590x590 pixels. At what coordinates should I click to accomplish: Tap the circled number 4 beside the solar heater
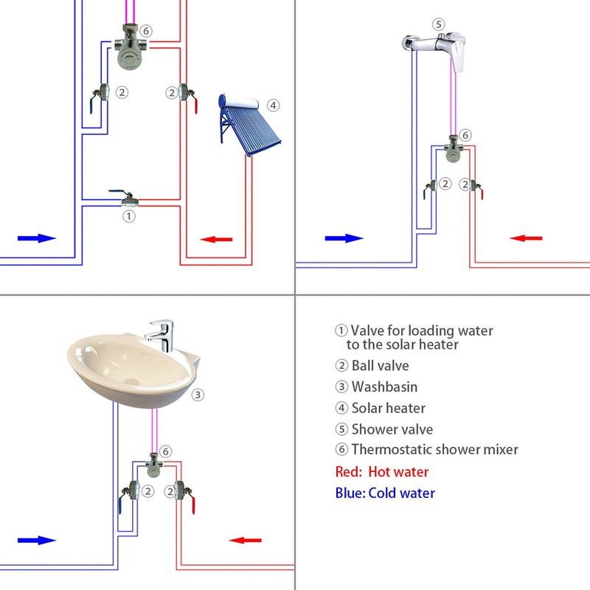274,105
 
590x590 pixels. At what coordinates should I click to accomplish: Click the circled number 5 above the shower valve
439,24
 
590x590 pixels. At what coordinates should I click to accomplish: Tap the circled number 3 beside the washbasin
198,395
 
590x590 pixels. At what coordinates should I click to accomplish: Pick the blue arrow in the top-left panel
37,238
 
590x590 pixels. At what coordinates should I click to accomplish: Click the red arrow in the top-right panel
527,238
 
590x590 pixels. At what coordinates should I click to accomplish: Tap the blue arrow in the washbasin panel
37,540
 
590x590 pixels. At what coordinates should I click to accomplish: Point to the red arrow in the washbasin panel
246,540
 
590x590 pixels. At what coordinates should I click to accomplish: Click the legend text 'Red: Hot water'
381,472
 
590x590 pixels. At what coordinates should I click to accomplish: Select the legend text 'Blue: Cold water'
385,493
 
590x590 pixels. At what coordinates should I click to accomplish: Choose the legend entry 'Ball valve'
379,365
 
